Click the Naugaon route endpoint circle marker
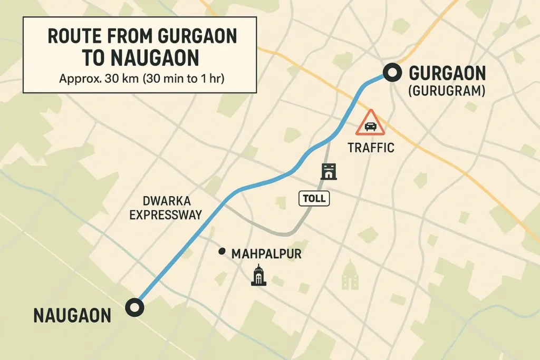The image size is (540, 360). pos(135,307)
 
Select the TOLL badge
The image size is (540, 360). pos(314,199)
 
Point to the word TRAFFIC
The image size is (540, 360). pos(371,148)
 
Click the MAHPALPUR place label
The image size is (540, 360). pos(266,254)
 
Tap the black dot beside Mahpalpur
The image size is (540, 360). pos(222,252)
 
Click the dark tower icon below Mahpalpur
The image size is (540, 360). pos(258,275)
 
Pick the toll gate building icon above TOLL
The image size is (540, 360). pos(329,171)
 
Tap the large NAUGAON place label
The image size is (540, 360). pos(72,315)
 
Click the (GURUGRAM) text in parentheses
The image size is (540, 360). pos(447,91)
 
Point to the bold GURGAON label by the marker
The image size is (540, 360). pos(447,73)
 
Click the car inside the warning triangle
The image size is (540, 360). pos(371,126)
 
